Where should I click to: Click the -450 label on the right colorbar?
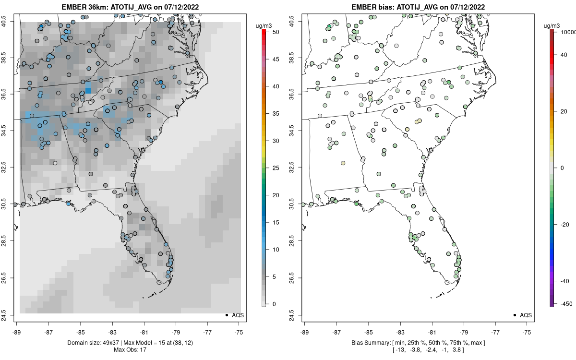[564, 303]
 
